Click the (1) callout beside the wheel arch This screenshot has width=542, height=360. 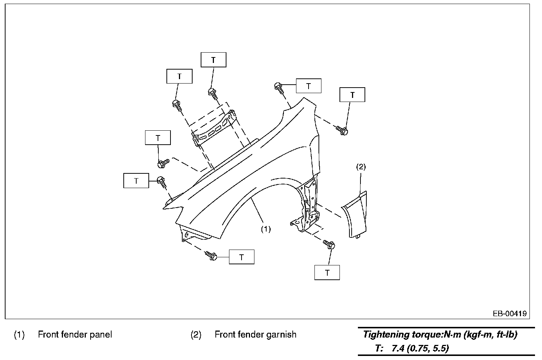click(x=266, y=229)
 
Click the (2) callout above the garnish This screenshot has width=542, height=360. click(x=361, y=167)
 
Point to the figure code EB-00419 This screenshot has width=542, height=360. click(x=510, y=314)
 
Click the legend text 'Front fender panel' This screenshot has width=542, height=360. click(x=75, y=335)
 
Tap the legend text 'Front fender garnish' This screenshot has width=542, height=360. click(x=256, y=335)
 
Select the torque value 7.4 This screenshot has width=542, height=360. click(x=398, y=348)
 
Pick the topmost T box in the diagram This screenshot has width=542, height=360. click(x=214, y=60)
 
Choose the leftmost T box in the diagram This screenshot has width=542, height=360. click(x=136, y=181)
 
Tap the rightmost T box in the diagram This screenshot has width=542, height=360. click(x=352, y=95)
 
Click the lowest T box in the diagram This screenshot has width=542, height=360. click(x=327, y=273)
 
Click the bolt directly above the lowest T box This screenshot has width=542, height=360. click(x=329, y=244)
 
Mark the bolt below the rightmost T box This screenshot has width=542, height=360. click(x=342, y=130)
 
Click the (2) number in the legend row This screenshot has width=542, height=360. click(x=196, y=335)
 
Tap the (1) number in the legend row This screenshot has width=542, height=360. click(x=19, y=335)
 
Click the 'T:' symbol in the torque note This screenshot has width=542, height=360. click(x=380, y=348)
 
